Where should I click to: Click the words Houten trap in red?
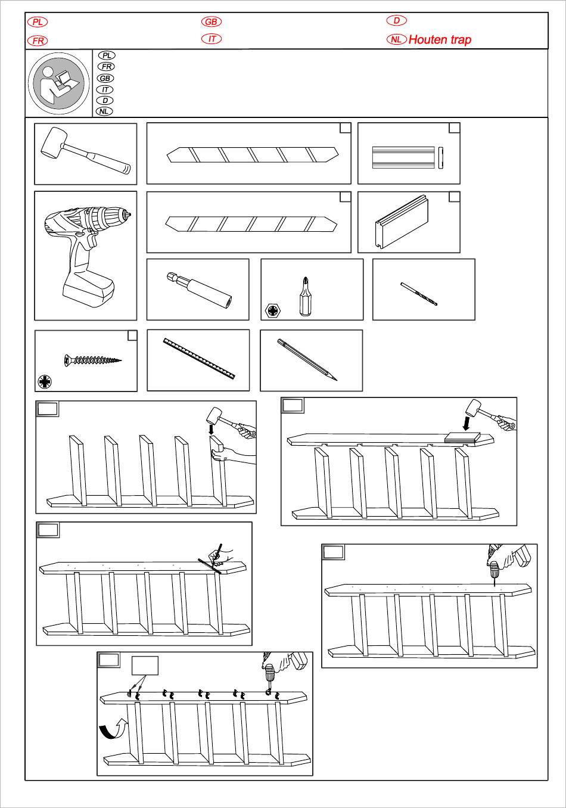click(x=440, y=40)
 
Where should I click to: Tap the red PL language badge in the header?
click(x=37, y=22)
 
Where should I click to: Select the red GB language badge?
click(x=212, y=22)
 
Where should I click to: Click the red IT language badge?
click(x=212, y=39)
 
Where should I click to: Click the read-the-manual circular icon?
click(x=58, y=83)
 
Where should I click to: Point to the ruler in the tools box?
click(x=199, y=359)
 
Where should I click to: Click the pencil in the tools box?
click(x=307, y=359)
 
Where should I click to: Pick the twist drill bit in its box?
click(x=419, y=294)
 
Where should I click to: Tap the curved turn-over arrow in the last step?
click(x=113, y=728)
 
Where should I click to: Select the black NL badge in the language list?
click(x=104, y=111)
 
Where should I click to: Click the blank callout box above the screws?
click(x=145, y=666)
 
